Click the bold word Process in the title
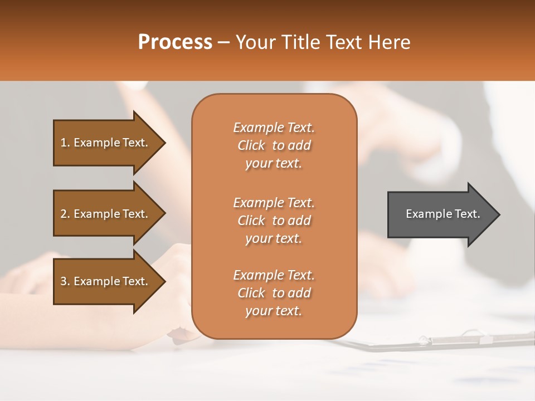point(175,42)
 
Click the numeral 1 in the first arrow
point(64,143)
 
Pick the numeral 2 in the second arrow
point(64,214)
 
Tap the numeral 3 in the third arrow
point(64,281)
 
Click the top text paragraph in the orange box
point(274,145)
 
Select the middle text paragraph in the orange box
point(274,221)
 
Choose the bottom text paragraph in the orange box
point(274,293)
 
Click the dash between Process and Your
point(224,43)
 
